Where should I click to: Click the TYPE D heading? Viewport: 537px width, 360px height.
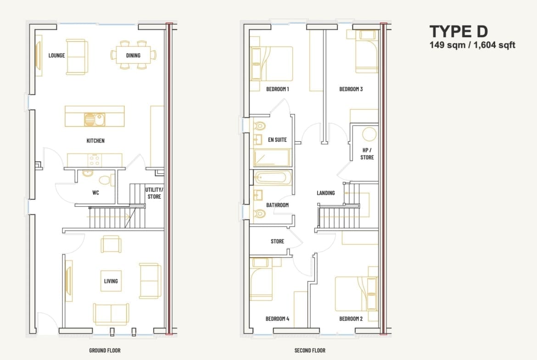point(459,32)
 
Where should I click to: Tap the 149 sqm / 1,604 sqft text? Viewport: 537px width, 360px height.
point(472,45)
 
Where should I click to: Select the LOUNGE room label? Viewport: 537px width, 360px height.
point(56,55)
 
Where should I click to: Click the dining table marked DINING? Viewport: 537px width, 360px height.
point(133,55)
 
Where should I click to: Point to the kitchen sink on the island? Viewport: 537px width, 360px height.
point(95,120)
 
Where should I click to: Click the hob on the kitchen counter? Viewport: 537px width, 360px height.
point(95,160)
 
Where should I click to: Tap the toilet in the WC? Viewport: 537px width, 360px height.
point(107,180)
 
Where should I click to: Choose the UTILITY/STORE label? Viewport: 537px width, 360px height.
point(154,193)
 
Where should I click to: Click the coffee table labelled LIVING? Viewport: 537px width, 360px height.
point(111,281)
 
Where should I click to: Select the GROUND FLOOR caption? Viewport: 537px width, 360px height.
point(105,350)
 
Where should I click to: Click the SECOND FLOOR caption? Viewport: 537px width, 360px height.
point(310,350)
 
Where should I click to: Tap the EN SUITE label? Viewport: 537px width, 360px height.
point(277,139)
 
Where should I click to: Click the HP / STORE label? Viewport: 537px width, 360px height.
point(367,154)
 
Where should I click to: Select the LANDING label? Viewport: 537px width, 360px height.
point(326,193)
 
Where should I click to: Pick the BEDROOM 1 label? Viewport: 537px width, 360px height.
point(278,89)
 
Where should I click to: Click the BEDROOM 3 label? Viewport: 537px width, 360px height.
point(351,89)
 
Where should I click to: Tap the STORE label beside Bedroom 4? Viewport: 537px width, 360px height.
point(277,241)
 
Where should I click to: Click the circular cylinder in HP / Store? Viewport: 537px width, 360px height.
point(369,134)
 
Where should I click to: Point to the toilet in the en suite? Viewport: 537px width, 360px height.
point(260,126)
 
